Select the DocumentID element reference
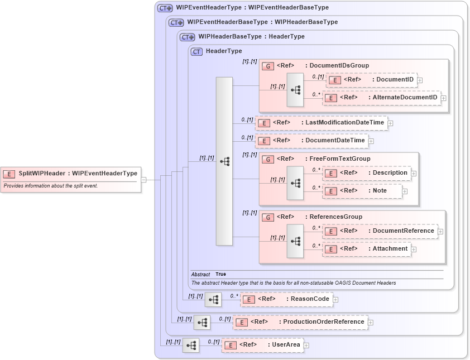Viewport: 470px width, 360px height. click(x=371, y=80)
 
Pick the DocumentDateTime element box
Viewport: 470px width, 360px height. click(x=312, y=141)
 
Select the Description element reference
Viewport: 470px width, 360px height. click(x=367, y=173)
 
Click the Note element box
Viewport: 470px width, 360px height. click(x=362, y=191)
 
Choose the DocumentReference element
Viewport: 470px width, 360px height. click(x=380, y=231)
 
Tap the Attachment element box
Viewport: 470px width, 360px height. click(x=367, y=249)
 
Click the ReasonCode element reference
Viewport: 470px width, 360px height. click(x=286, y=299)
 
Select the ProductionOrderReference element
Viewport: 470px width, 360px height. click(x=300, y=322)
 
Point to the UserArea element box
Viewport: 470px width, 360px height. click(x=262, y=345)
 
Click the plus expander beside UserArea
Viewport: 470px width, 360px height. click(x=306, y=345)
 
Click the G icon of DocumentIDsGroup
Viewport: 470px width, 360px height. click(x=267, y=66)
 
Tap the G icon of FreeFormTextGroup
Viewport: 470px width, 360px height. click(x=267, y=159)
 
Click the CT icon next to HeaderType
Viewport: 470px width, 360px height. click(x=196, y=51)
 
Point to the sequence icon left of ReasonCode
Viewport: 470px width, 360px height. click(x=213, y=300)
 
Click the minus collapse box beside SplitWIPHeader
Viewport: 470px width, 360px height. click(x=143, y=180)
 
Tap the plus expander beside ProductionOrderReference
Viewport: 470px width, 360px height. click(x=371, y=323)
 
